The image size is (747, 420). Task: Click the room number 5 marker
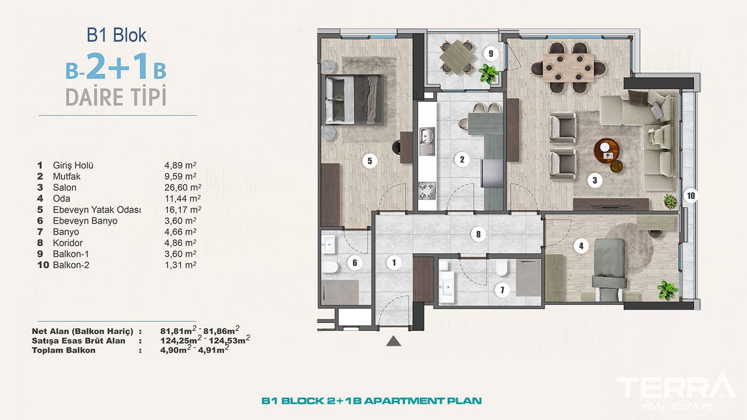tap(369, 161)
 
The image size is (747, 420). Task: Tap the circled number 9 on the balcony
tap(490, 54)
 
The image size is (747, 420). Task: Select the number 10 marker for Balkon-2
tap(691, 196)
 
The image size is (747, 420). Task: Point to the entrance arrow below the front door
tap(394, 341)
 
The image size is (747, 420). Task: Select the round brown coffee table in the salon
tap(606, 151)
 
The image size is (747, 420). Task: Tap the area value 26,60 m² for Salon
tap(182, 188)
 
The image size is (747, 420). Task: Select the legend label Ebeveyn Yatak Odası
tap(97, 210)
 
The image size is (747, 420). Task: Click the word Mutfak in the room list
tap(66, 176)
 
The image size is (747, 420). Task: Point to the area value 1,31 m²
tap(180, 265)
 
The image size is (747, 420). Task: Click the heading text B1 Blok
tap(116, 35)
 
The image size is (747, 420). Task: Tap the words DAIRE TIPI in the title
tap(116, 97)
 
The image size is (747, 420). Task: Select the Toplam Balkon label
tap(63, 350)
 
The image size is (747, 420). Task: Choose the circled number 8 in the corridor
tap(478, 235)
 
